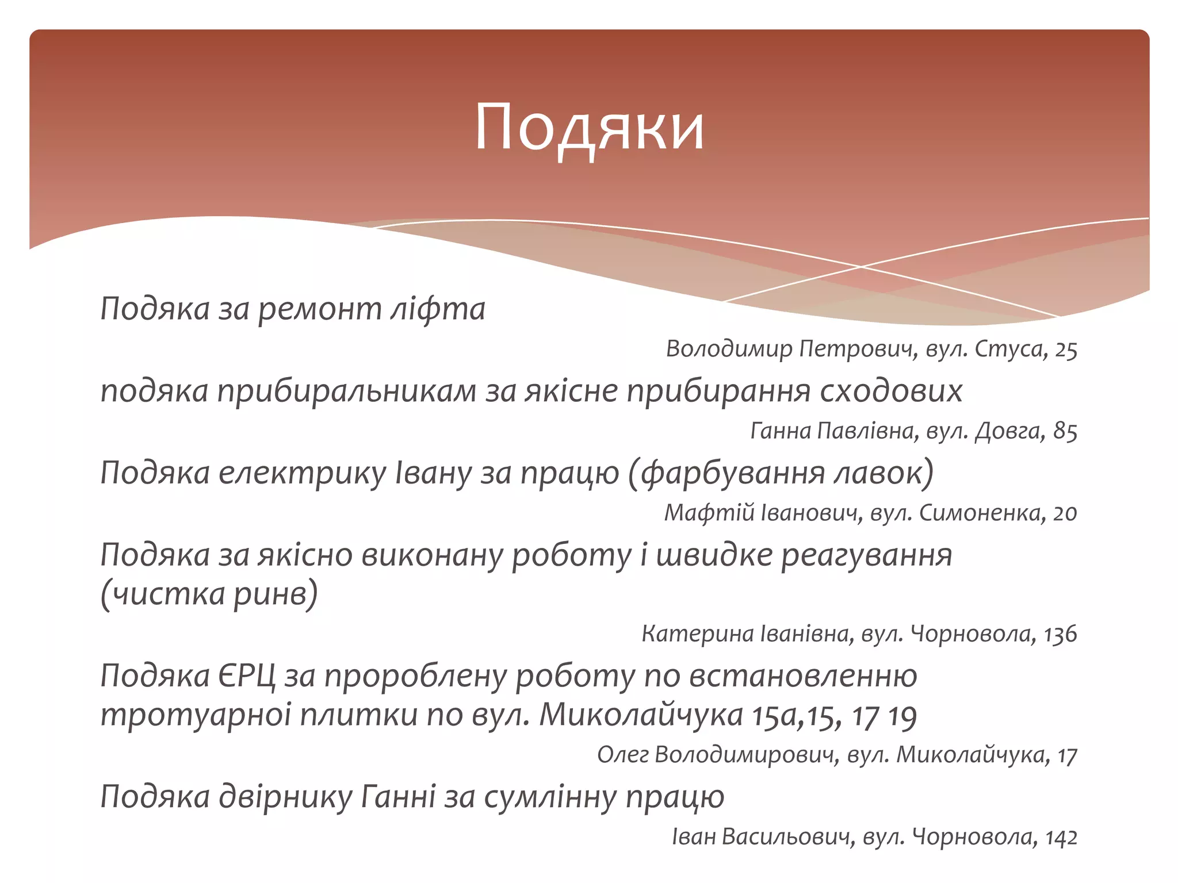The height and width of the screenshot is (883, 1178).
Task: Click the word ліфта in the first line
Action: pos(438,309)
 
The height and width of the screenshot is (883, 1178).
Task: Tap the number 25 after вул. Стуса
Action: pos(1065,350)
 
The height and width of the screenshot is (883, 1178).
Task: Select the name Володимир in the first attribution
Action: pos(729,349)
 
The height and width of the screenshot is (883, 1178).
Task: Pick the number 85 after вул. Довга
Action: pos(1065,431)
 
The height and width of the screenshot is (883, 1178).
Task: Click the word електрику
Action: pos(303,474)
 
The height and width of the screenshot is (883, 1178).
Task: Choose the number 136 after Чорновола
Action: pos(1060,634)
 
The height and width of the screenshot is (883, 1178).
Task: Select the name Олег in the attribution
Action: pos(622,755)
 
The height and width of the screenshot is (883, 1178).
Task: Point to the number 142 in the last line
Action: pos(1061,838)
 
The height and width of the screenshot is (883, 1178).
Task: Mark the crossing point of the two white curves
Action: pos(861,267)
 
